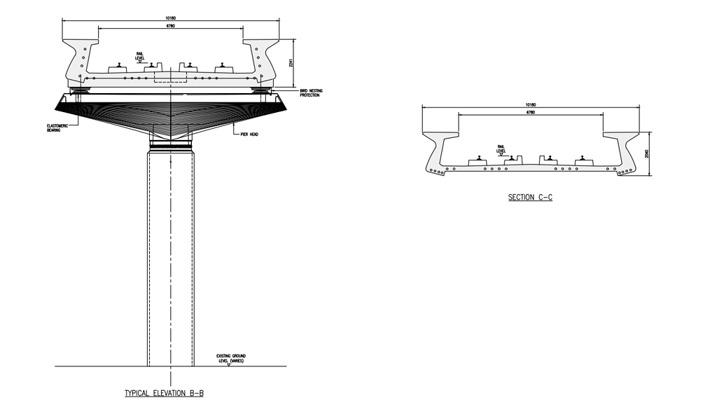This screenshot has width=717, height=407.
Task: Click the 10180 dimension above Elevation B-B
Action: pos(171,18)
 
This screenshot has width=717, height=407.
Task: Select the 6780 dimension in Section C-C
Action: pos(531,112)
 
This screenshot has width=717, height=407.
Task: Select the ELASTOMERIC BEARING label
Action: pos(50,128)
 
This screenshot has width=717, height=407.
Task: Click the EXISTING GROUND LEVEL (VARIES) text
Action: pos(231,358)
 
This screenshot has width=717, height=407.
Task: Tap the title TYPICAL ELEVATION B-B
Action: pos(164,394)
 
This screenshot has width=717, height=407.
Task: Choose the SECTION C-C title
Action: pos(530,198)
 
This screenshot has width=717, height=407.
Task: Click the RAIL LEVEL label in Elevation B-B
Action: pos(140,55)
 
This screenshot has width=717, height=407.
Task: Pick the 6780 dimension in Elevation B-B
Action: pos(171,26)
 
